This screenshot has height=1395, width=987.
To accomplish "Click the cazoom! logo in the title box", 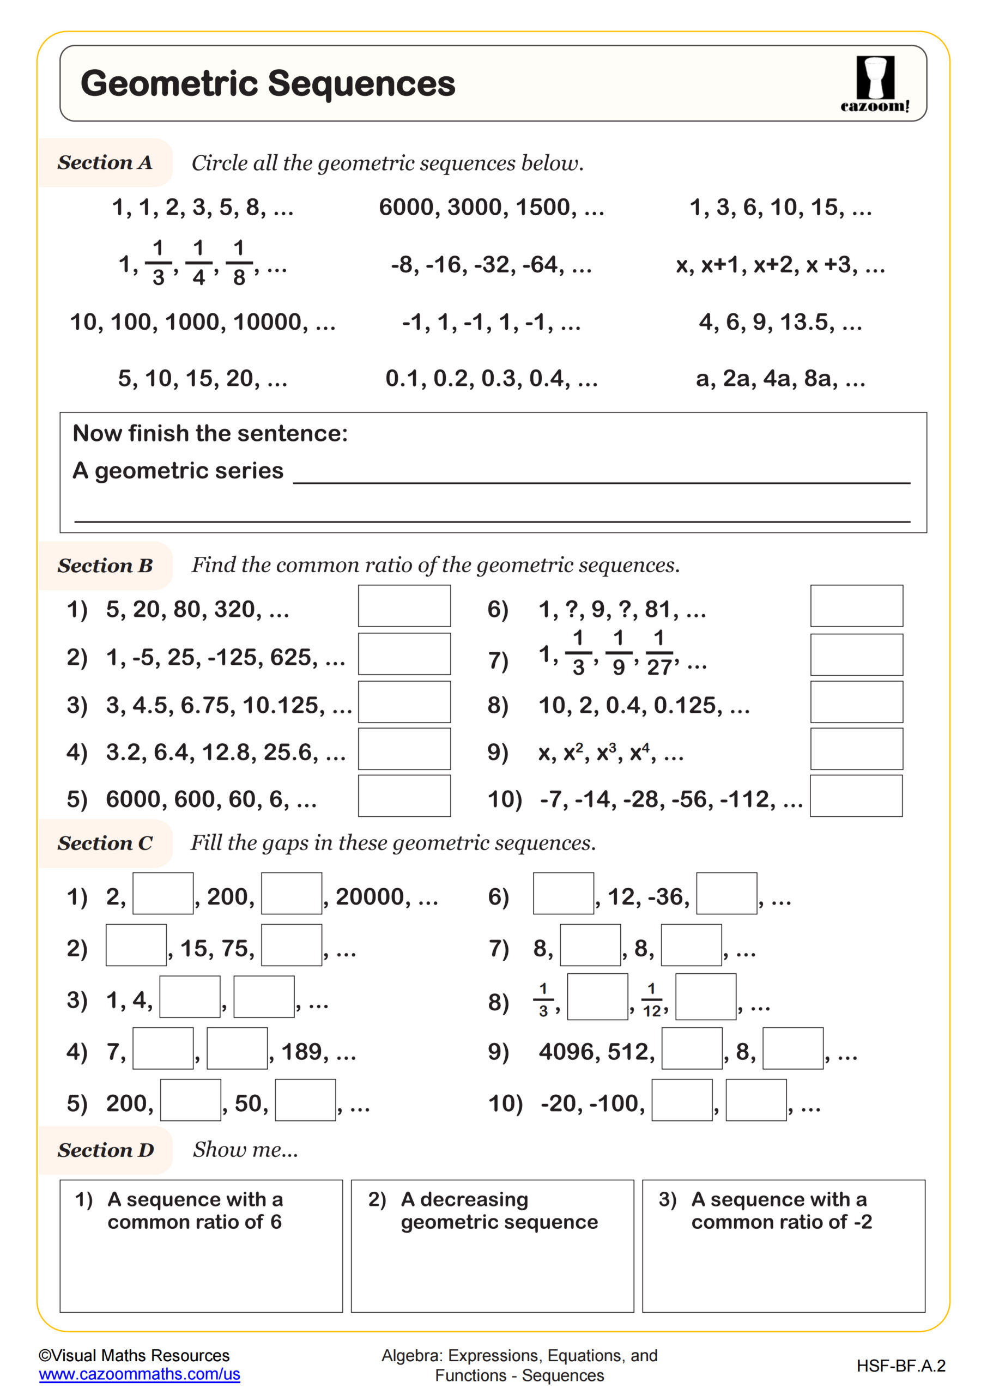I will [875, 84].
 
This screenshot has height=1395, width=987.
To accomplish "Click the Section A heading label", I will [105, 163].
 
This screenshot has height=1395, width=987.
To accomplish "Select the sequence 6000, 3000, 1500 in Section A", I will [491, 208].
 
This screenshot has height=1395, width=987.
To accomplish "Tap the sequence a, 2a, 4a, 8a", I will [780, 379].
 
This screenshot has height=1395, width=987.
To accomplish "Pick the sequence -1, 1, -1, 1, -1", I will [491, 322].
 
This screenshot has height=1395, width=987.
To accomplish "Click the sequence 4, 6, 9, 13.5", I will [780, 322].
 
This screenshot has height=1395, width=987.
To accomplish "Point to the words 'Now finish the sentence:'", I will [210, 433].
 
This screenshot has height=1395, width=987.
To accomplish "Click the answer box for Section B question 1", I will [404, 606].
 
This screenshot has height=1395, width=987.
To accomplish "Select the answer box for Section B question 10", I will [856, 796].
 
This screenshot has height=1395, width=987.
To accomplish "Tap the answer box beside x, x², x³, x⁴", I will [856, 749].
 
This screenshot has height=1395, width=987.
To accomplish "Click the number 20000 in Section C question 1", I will [370, 897].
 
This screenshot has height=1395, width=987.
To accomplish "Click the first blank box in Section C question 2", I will [136, 945].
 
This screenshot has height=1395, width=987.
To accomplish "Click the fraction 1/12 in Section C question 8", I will [651, 1000].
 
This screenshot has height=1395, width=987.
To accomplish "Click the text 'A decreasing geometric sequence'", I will [498, 1210].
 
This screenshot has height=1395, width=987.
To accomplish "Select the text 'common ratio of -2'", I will [781, 1222].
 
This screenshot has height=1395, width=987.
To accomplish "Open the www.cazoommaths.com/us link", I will [139, 1374].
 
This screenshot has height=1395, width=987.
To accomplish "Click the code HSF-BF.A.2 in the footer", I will [901, 1366].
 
